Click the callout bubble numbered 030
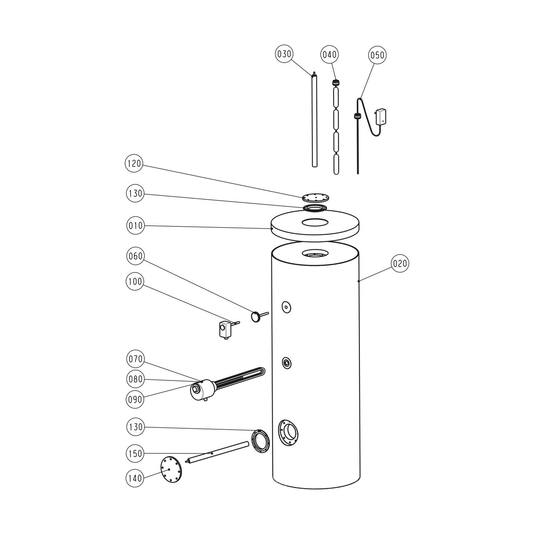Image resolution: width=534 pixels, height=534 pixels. coord(284,54)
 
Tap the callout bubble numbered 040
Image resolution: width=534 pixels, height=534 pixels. coord(330,55)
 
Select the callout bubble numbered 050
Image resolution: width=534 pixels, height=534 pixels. coord(377,55)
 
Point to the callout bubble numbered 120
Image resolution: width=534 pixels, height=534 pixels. coord(134,164)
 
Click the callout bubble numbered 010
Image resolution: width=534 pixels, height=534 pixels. coord(135,225)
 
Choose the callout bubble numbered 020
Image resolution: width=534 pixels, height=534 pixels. coord(400,263)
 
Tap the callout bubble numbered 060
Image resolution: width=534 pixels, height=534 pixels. coord(135,256)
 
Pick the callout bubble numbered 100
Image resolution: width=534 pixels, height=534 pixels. coord(135,282)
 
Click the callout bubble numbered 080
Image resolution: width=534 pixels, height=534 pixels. coord(136,379)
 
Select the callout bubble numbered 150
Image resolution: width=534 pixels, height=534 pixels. coord(135,454)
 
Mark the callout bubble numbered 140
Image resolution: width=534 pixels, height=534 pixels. coord(135,478)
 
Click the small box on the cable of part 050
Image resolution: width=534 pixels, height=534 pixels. coord(381,116)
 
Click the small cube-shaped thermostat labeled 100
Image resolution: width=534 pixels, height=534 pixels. coord(225,329)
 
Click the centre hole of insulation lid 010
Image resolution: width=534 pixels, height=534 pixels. coord(315,223)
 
